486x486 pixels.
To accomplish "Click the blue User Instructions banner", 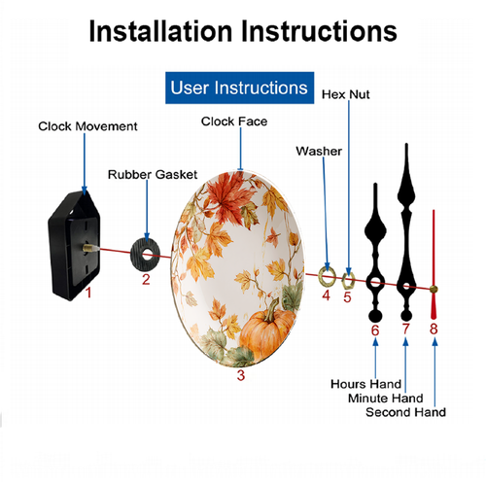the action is click(239, 87).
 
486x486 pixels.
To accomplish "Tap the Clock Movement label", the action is click(87, 126).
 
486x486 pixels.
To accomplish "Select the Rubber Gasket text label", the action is click(153, 175).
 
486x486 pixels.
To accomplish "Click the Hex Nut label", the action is click(346, 94).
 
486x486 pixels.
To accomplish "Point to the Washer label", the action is click(319, 151).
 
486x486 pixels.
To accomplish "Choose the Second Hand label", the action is click(405, 412).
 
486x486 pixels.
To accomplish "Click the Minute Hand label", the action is click(386, 399).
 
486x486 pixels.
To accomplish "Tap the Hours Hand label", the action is click(366, 384).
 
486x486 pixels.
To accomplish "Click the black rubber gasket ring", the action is click(137, 255).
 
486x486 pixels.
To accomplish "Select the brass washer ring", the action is click(321, 276).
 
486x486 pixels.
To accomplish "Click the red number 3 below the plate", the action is click(241, 375).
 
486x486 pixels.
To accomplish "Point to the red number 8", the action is click(434, 329).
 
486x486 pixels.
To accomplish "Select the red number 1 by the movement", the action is click(88, 293).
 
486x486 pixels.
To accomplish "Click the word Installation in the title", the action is click(160, 31).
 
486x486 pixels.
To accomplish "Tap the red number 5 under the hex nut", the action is click(347, 297).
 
